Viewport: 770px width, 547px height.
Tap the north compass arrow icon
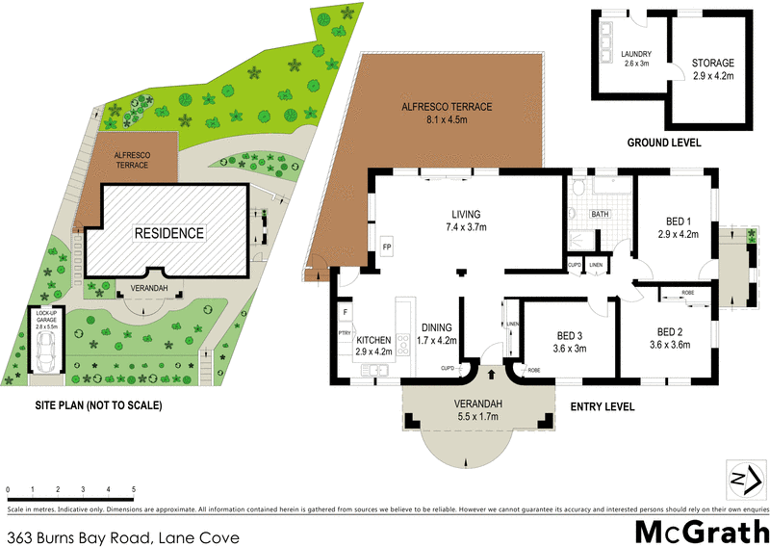point(742,479)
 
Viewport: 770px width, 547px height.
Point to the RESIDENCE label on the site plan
point(169,233)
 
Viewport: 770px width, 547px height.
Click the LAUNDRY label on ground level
point(609,54)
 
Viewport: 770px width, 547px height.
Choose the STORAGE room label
point(712,63)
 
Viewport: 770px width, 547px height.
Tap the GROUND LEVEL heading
point(664,143)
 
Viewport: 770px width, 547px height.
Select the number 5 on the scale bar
point(133,489)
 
